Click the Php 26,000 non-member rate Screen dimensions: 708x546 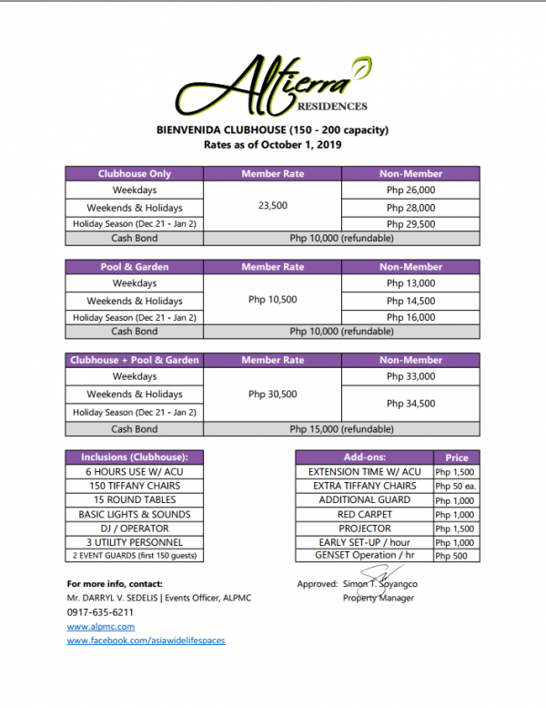pyautogui.click(x=410, y=190)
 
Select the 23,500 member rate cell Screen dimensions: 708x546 pyautogui.click(x=273, y=206)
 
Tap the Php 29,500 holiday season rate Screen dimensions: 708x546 pyautogui.click(x=410, y=223)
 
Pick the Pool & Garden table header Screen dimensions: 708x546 pyautogui.click(x=135, y=267)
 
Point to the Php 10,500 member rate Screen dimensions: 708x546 pyautogui.click(x=273, y=300)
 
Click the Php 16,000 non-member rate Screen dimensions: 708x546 pyautogui.click(x=410, y=317)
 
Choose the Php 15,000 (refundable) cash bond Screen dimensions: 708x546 pyautogui.click(x=341, y=428)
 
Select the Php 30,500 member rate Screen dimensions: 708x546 pyautogui.click(x=273, y=394)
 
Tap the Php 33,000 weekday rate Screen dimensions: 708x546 pyautogui.click(x=410, y=376)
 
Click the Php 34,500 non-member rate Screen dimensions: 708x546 pyautogui.click(x=410, y=403)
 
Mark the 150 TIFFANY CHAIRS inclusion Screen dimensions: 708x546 pyautogui.click(x=134, y=486)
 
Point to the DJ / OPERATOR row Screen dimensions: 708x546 pyautogui.click(x=134, y=528)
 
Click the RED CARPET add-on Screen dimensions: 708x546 pyautogui.click(x=364, y=514)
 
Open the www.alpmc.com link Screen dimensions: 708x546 pyautogui.click(x=101, y=627)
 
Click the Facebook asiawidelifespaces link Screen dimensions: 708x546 pyautogui.click(x=146, y=641)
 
